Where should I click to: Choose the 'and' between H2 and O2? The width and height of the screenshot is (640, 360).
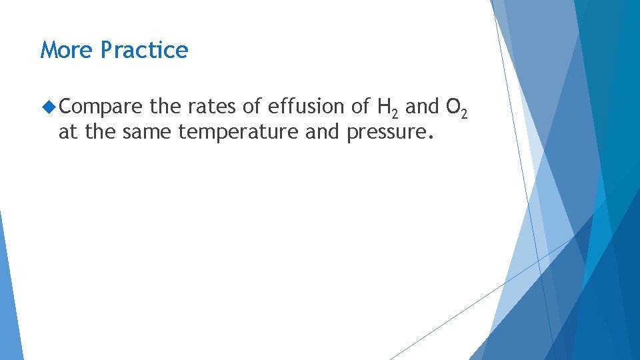coord(422,106)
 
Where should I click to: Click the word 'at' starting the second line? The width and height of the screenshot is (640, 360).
coord(69,132)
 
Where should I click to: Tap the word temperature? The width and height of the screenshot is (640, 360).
coord(239,132)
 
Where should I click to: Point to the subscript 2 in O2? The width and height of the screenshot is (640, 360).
coord(464,112)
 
